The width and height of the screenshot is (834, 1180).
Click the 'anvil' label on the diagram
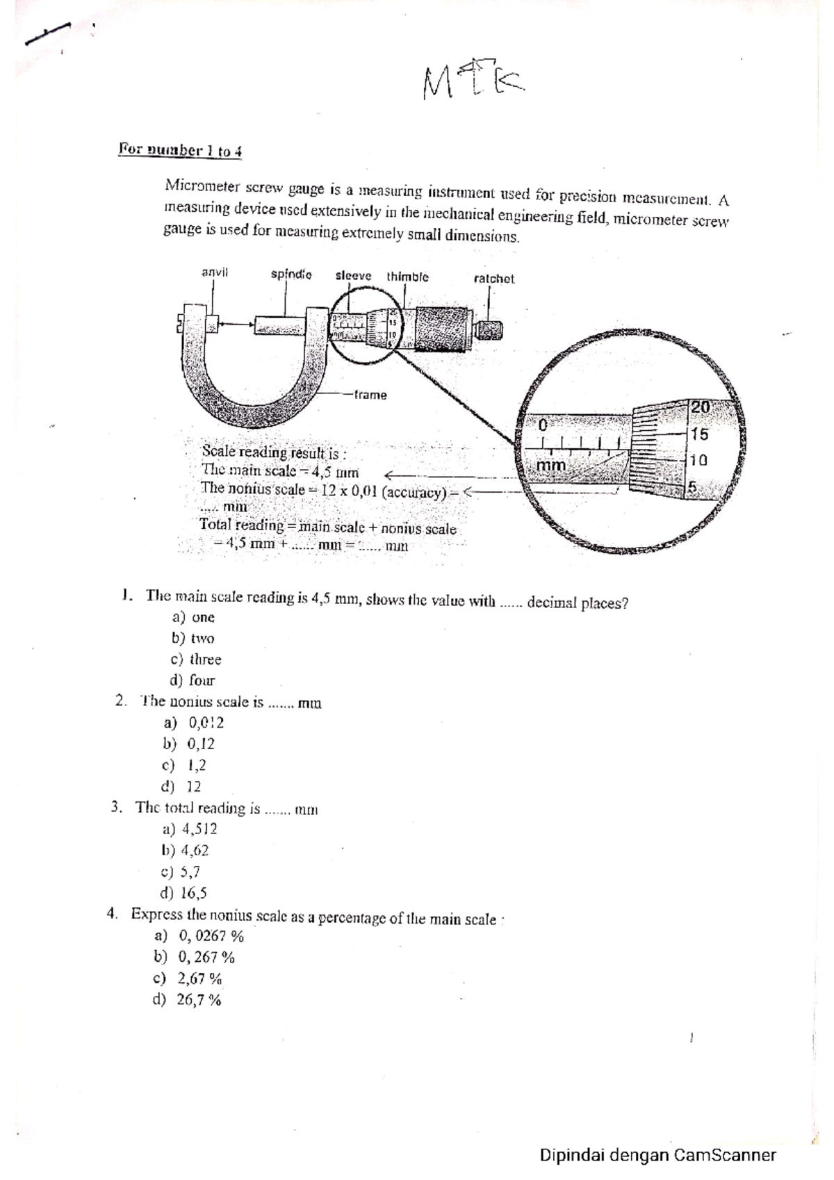point(214,272)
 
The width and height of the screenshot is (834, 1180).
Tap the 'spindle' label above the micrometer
point(291,274)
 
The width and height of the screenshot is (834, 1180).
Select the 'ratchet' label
point(493,279)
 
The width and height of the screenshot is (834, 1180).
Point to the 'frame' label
point(370,395)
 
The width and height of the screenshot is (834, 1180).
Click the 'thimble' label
point(407,277)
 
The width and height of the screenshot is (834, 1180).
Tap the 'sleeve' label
point(353,276)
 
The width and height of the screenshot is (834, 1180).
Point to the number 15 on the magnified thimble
point(699,434)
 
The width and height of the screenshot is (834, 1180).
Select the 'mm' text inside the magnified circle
point(553,465)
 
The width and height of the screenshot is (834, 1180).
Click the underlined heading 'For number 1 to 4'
point(180,150)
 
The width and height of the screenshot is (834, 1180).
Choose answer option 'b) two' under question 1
point(193,638)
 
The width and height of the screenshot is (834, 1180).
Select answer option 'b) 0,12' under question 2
point(188,744)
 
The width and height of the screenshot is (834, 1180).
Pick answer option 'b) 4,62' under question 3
point(185,850)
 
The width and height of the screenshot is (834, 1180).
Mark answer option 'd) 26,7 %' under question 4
point(188,1000)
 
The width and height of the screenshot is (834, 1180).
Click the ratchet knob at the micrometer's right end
point(490,329)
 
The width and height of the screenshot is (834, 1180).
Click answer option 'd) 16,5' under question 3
point(183,893)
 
